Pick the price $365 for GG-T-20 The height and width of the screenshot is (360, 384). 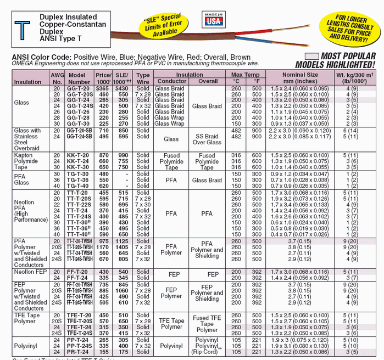[x=103, y=88]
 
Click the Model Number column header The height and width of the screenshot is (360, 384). [x=79, y=78]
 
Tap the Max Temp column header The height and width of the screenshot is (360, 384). [x=245, y=75]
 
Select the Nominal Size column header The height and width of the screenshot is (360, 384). [x=300, y=78]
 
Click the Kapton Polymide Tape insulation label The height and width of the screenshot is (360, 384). [x=26, y=162]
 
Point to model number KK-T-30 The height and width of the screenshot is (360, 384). [x=79, y=167]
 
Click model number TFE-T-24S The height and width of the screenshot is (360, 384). [x=80, y=333]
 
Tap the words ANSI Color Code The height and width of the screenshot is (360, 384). [x=41, y=57]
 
